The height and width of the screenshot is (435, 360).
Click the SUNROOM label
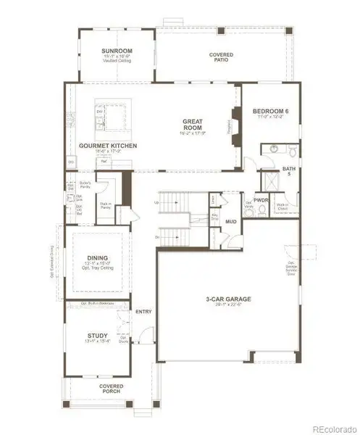[114, 49]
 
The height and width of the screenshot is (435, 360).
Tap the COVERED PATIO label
[221, 57]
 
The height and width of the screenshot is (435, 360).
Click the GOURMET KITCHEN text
[108, 146]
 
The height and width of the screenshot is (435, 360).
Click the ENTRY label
[143, 312]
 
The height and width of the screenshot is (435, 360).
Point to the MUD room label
[230, 221]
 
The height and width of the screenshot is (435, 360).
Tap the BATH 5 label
[289, 171]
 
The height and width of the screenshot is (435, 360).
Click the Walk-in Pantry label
[105, 206]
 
